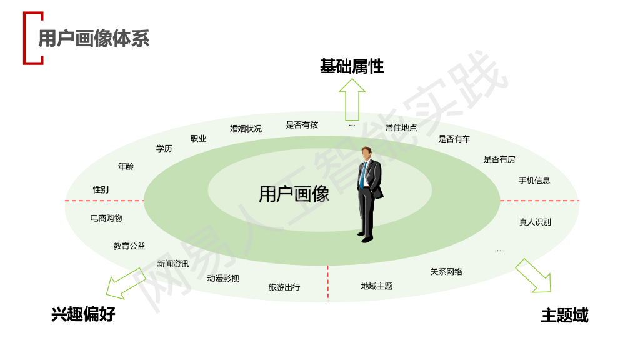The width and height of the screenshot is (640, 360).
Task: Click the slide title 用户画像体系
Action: (94, 39)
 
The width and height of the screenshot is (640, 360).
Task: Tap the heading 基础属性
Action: (352, 66)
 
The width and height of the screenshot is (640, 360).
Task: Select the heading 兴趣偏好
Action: (83, 314)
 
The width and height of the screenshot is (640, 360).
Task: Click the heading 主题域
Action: (564, 316)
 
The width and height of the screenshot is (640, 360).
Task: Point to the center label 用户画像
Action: (294, 194)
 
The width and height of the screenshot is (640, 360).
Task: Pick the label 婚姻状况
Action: (246, 129)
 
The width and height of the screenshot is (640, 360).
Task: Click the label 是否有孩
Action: (302, 125)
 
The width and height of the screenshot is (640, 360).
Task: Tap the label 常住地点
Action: (401, 128)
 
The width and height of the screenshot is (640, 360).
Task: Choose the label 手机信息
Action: (534, 181)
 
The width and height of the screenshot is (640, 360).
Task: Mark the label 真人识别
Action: (535, 222)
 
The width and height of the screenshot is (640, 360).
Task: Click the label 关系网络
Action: (446, 272)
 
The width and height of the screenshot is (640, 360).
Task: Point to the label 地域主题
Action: (377, 286)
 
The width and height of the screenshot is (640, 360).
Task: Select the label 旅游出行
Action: (284, 287)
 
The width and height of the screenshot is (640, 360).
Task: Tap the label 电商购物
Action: (106, 218)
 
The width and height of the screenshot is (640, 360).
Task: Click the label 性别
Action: (101, 189)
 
